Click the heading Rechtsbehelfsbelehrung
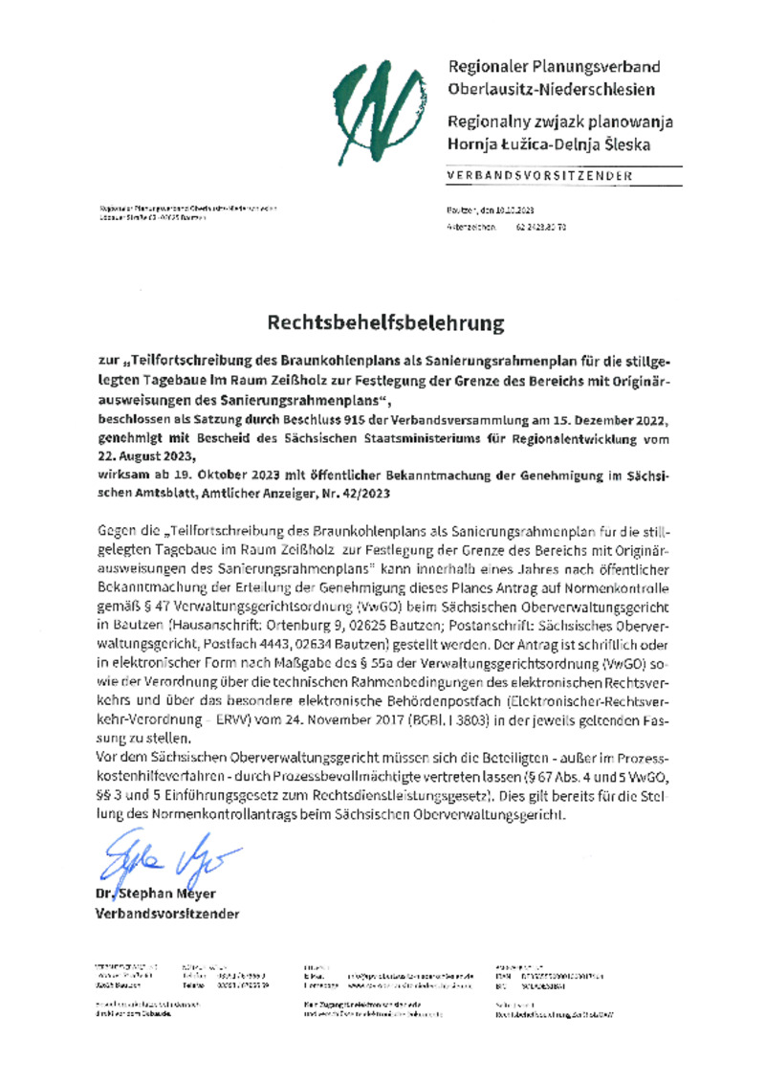click(384, 323)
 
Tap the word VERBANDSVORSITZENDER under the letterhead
click(539, 176)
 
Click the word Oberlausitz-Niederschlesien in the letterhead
click(551, 89)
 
